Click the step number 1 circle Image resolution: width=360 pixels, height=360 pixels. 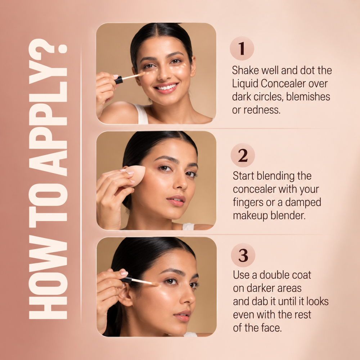[x=242, y=49]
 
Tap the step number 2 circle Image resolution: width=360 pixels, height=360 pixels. [x=243, y=156]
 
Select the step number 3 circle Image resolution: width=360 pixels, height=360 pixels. [x=243, y=255]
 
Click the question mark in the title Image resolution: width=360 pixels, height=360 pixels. [x=48, y=46]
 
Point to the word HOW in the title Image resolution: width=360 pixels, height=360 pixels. [x=48, y=277]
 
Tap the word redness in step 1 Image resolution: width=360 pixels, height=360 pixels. [x=262, y=110]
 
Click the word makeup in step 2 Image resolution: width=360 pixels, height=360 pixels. [x=250, y=216]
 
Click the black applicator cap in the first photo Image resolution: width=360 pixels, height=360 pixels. [x=119, y=80]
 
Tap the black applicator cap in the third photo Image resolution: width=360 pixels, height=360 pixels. [x=127, y=279]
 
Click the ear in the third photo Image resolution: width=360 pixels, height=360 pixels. [x=126, y=295]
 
